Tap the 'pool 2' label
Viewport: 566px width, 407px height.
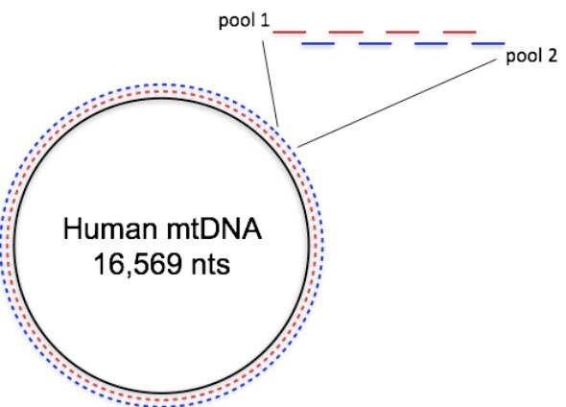coord(528,58)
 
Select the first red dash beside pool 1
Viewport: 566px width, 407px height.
coord(290,33)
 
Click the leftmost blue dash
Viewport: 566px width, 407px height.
coord(318,44)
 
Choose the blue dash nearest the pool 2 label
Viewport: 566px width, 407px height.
coord(489,44)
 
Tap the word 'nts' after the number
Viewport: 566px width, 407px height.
coord(208,263)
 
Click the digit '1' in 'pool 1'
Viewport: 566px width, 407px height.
coord(264,20)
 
